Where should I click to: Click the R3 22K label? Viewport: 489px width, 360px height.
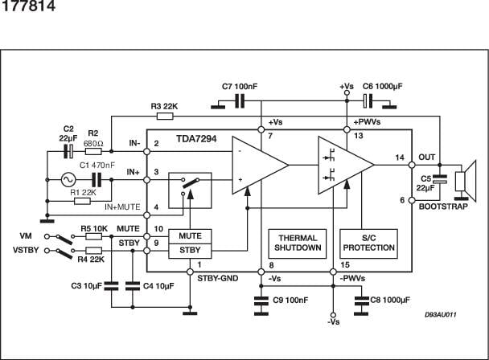[x=166, y=106]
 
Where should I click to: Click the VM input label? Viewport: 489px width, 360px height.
[x=27, y=236]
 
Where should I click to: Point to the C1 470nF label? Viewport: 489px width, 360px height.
[x=98, y=166]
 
